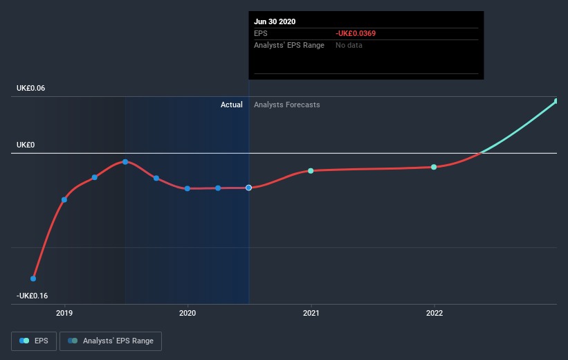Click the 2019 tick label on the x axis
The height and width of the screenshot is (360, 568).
[x=65, y=313]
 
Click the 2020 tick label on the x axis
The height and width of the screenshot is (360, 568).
[x=187, y=313]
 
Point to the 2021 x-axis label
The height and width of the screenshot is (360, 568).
[x=311, y=313]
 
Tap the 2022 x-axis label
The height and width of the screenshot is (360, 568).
[x=434, y=313]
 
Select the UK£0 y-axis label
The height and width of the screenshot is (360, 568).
[x=26, y=145]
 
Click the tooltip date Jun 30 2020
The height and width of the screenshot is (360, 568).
[x=275, y=21]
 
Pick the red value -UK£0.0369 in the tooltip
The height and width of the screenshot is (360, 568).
[x=356, y=33]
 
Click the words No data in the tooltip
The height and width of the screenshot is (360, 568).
[x=349, y=45]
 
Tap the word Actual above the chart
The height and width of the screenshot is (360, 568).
[x=232, y=105]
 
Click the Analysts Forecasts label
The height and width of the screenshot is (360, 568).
[x=287, y=105]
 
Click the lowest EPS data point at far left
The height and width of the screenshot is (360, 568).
[x=33, y=278]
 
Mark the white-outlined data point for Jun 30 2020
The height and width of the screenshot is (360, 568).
[x=248, y=188]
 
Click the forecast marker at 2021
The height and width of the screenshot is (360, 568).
[x=311, y=170]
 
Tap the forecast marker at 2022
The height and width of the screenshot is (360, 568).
[x=434, y=167]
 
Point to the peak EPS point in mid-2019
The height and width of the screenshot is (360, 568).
[x=125, y=162]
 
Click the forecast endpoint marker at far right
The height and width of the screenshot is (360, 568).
[x=556, y=102]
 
